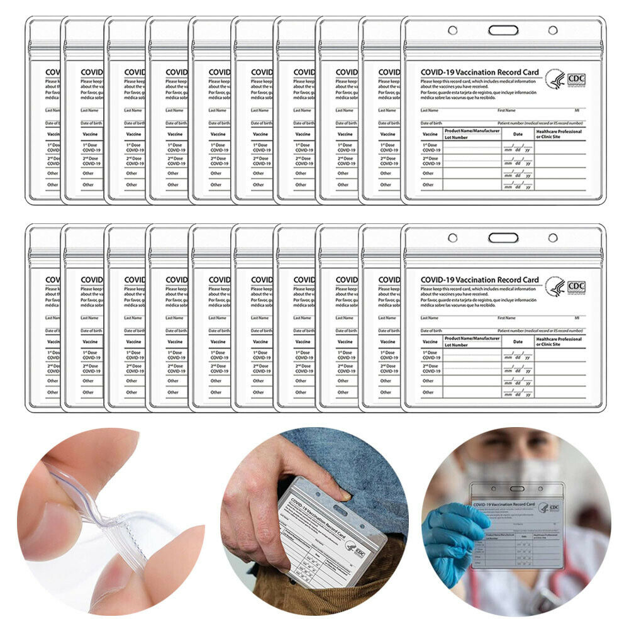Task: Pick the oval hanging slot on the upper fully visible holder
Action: tap(503, 30)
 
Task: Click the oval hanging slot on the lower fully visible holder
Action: tap(503, 238)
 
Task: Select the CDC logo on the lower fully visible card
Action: tap(566, 286)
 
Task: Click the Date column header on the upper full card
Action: tap(517, 133)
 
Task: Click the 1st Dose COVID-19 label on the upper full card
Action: tap(431, 148)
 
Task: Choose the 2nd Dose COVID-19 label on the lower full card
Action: tap(431, 368)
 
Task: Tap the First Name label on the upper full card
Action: tap(506, 110)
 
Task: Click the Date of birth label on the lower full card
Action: tap(431, 330)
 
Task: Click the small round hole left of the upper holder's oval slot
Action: tap(452, 30)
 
